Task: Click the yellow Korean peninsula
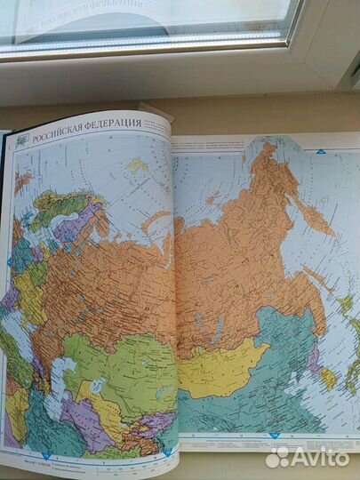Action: point(328,378)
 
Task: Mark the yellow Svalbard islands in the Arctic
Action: point(136,165)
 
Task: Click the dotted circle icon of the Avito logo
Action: point(278,457)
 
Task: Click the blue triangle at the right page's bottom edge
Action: point(275,436)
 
